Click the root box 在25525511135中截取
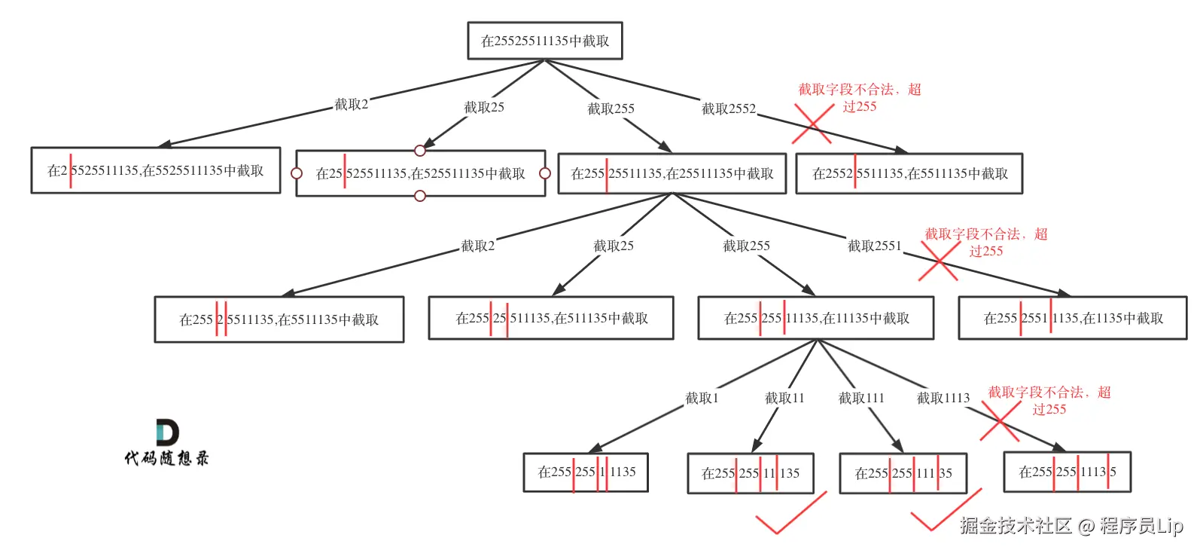(x=545, y=41)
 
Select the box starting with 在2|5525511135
(x=156, y=170)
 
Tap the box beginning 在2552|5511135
(x=909, y=173)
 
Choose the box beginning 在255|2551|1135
(x=1073, y=318)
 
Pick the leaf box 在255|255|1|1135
(x=586, y=472)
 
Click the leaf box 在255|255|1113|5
(x=1067, y=472)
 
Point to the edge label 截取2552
(x=728, y=109)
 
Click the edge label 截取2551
(x=874, y=246)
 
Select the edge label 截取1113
(x=943, y=398)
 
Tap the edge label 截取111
(x=861, y=398)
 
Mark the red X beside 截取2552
(x=813, y=124)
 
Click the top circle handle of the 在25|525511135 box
(x=420, y=151)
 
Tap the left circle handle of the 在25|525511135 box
(x=297, y=173)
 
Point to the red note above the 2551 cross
(x=985, y=243)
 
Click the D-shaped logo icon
(x=166, y=432)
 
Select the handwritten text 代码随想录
(x=166, y=457)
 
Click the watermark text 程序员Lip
(x=1141, y=525)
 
